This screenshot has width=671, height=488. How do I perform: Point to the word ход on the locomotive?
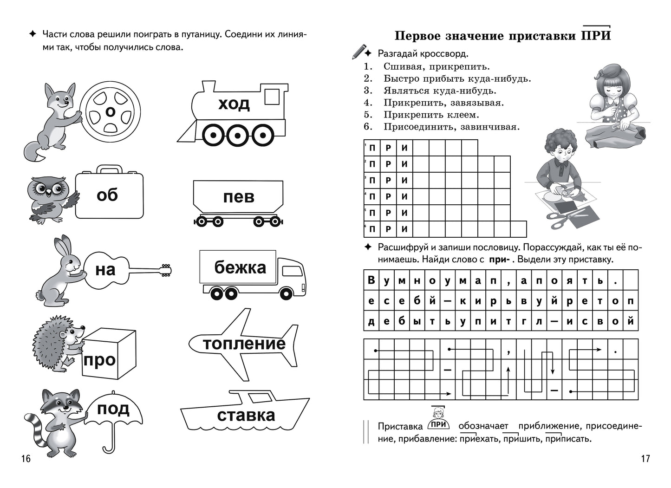point(234,104)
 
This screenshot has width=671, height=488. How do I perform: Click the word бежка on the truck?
point(240,267)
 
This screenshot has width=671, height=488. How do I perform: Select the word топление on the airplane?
point(244,344)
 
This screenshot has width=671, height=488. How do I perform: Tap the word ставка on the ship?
point(246,415)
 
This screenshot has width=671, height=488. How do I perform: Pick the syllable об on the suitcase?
point(107,195)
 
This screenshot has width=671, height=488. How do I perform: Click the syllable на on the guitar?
point(105,270)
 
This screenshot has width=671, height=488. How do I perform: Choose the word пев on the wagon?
point(239,197)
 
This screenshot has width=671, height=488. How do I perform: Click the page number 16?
point(26,459)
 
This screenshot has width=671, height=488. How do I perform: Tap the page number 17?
point(645,459)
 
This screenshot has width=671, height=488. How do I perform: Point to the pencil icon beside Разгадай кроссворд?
point(359,52)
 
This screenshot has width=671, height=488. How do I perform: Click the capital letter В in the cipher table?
point(371,280)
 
